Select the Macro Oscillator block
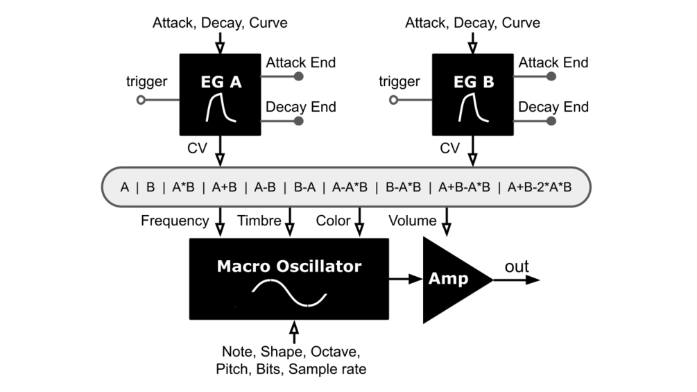(289, 279)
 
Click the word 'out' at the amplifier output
(517, 267)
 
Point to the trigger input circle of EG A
(141, 100)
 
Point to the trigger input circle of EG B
(394, 100)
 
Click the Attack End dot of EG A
(299, 77)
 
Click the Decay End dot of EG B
(551, 121)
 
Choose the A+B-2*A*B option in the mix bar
(540, 187)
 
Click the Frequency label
(175, 221)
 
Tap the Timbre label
(259, 221)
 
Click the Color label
(333, 221)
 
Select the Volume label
(412, 221)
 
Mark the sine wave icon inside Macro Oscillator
(289, 293)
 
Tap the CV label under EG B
(449, 148)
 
